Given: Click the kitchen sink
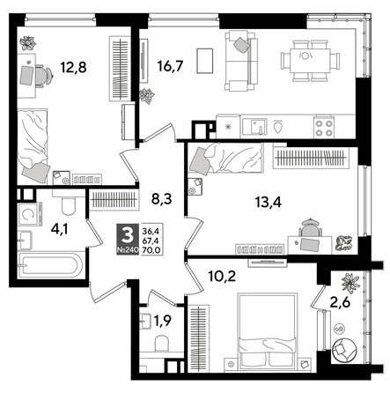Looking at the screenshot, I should [253, 125].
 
